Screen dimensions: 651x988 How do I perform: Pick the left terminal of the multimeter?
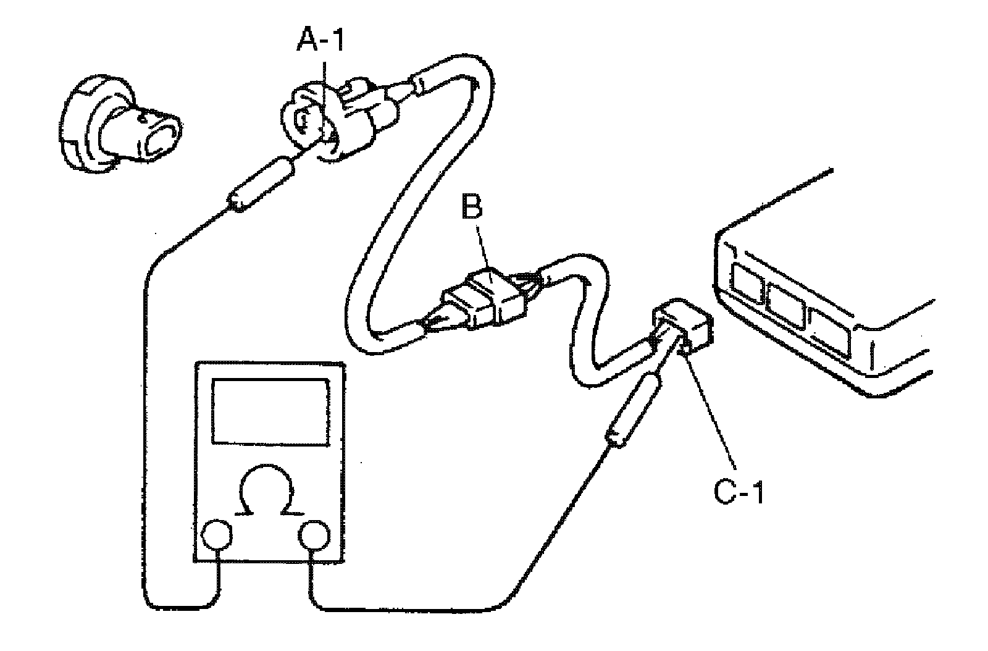(217, 535)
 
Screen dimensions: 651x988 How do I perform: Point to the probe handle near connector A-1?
(262, 182)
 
